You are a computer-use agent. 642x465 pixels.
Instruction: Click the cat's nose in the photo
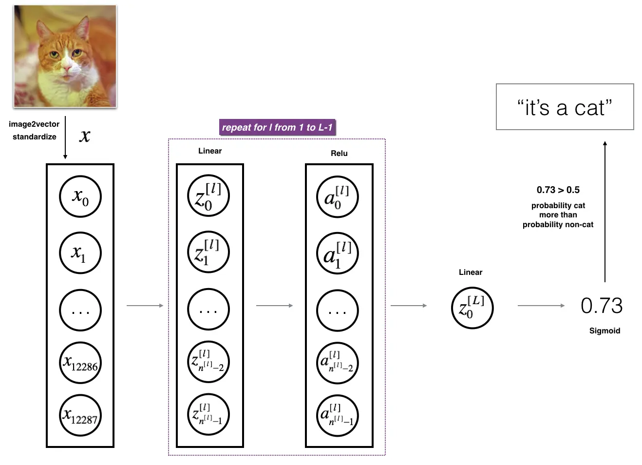coord(67,72)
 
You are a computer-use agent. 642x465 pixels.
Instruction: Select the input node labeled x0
coord(80,197)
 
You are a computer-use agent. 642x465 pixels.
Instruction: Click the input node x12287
coord(80,415)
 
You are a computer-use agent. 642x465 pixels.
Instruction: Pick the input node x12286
coord(80,363)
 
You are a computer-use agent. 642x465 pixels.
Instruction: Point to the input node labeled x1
coord(80,253)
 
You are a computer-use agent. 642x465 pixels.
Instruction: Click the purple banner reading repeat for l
coord(277,128)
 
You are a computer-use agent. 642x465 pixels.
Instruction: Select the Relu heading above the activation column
coord(339,153)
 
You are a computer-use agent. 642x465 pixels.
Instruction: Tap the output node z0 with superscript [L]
coord(472,308)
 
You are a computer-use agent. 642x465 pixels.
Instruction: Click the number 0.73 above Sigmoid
coord(602,306)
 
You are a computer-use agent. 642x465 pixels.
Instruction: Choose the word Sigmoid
coord(604,330)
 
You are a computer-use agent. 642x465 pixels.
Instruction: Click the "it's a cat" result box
coord(565,107)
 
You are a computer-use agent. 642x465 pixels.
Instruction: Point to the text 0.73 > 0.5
coord(558,190)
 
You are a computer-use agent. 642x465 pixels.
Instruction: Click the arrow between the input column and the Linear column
coord(145,306)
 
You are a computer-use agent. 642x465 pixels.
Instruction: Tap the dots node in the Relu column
coord(337,310)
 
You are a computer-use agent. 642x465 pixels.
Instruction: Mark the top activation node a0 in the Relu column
coord(337,197)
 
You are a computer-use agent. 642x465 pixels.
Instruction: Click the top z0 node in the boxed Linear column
coord(208,196)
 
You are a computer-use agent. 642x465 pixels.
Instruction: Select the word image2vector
coord(34,124)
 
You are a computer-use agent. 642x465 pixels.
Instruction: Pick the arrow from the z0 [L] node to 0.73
coord(541,306)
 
